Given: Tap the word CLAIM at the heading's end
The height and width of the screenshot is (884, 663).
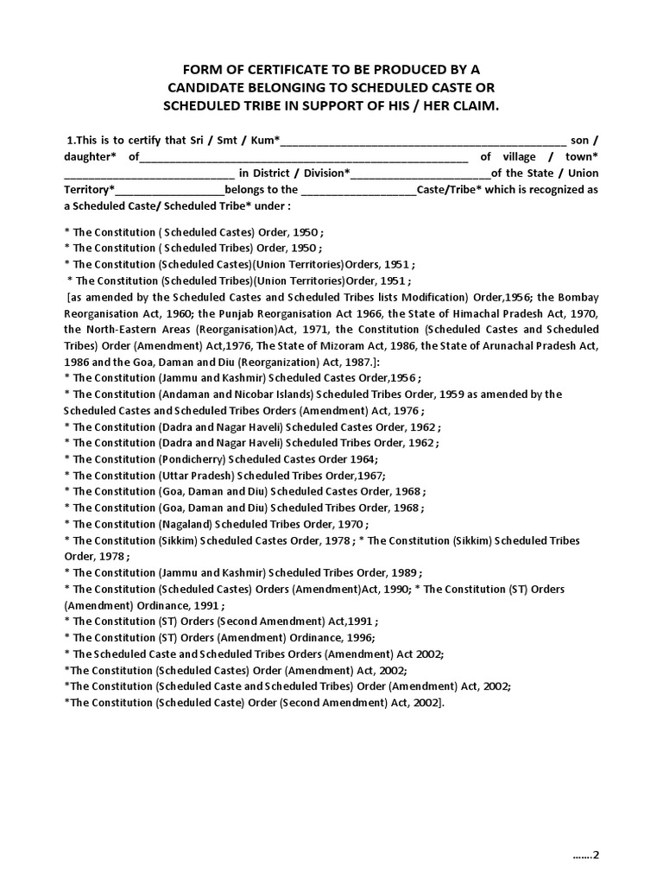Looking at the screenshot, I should pos(477,105).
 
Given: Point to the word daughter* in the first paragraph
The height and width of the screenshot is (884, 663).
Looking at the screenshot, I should pos(91,157).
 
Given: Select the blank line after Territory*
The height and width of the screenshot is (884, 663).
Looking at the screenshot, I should pos(170,190).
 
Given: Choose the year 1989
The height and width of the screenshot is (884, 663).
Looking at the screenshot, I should pos(406,572).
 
